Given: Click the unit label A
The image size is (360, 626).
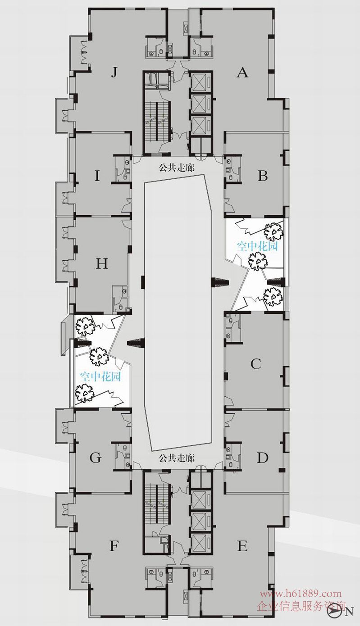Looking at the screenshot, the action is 242,73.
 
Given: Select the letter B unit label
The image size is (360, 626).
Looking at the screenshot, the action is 263,176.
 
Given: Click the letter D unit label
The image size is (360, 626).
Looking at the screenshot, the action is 263,458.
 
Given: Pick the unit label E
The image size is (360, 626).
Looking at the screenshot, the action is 242,546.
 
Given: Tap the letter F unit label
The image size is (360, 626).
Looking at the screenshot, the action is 114,546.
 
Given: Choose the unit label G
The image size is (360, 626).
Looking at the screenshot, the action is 96,458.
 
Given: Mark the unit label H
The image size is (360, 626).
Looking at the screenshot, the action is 102,263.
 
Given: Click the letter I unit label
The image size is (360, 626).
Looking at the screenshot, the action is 97,177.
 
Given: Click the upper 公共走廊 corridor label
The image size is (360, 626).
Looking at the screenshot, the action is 176,168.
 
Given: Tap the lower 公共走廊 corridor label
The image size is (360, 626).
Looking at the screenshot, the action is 176,458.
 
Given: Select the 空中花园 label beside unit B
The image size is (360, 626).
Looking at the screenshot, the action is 257,246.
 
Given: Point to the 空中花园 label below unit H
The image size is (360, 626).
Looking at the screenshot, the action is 100,377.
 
